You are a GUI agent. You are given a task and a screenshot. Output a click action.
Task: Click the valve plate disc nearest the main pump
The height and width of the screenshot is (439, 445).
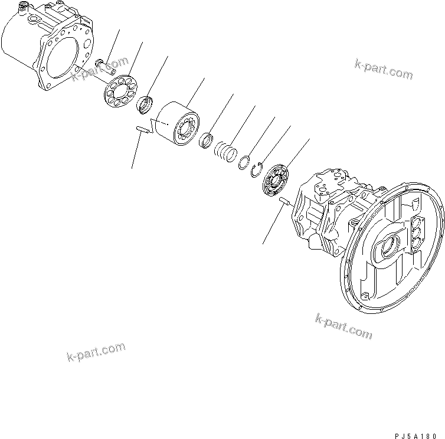tap(276, 180)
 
